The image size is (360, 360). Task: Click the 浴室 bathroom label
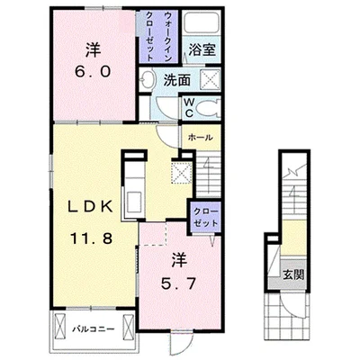(202, 49)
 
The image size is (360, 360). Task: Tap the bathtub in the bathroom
(202, 22)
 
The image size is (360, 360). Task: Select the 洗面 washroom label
(177, 80)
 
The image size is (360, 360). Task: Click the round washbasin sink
(147, 79)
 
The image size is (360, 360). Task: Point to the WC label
(189, 107)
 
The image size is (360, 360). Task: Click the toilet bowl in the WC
(209, 108)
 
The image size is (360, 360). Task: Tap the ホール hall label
(201, 138)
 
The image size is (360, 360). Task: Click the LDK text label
(91, 206)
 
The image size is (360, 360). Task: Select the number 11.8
(91, 238)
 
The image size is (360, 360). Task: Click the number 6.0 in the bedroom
(93, 72)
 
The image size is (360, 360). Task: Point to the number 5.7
(178, 283)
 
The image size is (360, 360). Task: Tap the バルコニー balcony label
(94, 329)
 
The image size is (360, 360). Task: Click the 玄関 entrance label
(294, 274)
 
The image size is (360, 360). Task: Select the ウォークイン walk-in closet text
(168, 37)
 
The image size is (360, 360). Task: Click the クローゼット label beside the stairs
(205, 217)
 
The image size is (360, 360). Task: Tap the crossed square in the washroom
(210, 78)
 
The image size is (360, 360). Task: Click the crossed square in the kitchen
(181, 172)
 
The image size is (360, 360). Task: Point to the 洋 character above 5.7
(179, 260)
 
